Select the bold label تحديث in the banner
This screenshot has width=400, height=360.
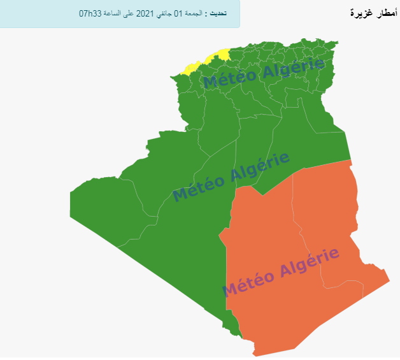pyautogui.click(x=218, y=13)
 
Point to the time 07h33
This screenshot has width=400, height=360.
pyautogui.click(x=93, y=13)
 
